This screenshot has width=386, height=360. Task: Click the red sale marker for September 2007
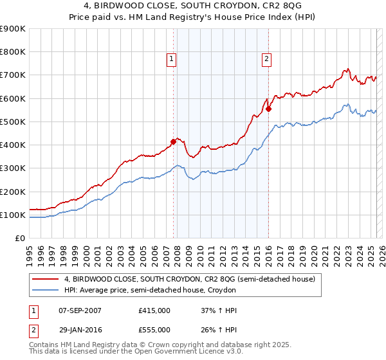(173, 141)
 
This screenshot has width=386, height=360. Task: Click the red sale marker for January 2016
(268, 109)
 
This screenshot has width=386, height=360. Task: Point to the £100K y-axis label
(13, 215)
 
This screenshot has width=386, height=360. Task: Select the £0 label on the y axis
(20, 238)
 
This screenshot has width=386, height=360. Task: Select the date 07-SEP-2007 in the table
(80, 310)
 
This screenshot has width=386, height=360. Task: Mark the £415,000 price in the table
(154, 310)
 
